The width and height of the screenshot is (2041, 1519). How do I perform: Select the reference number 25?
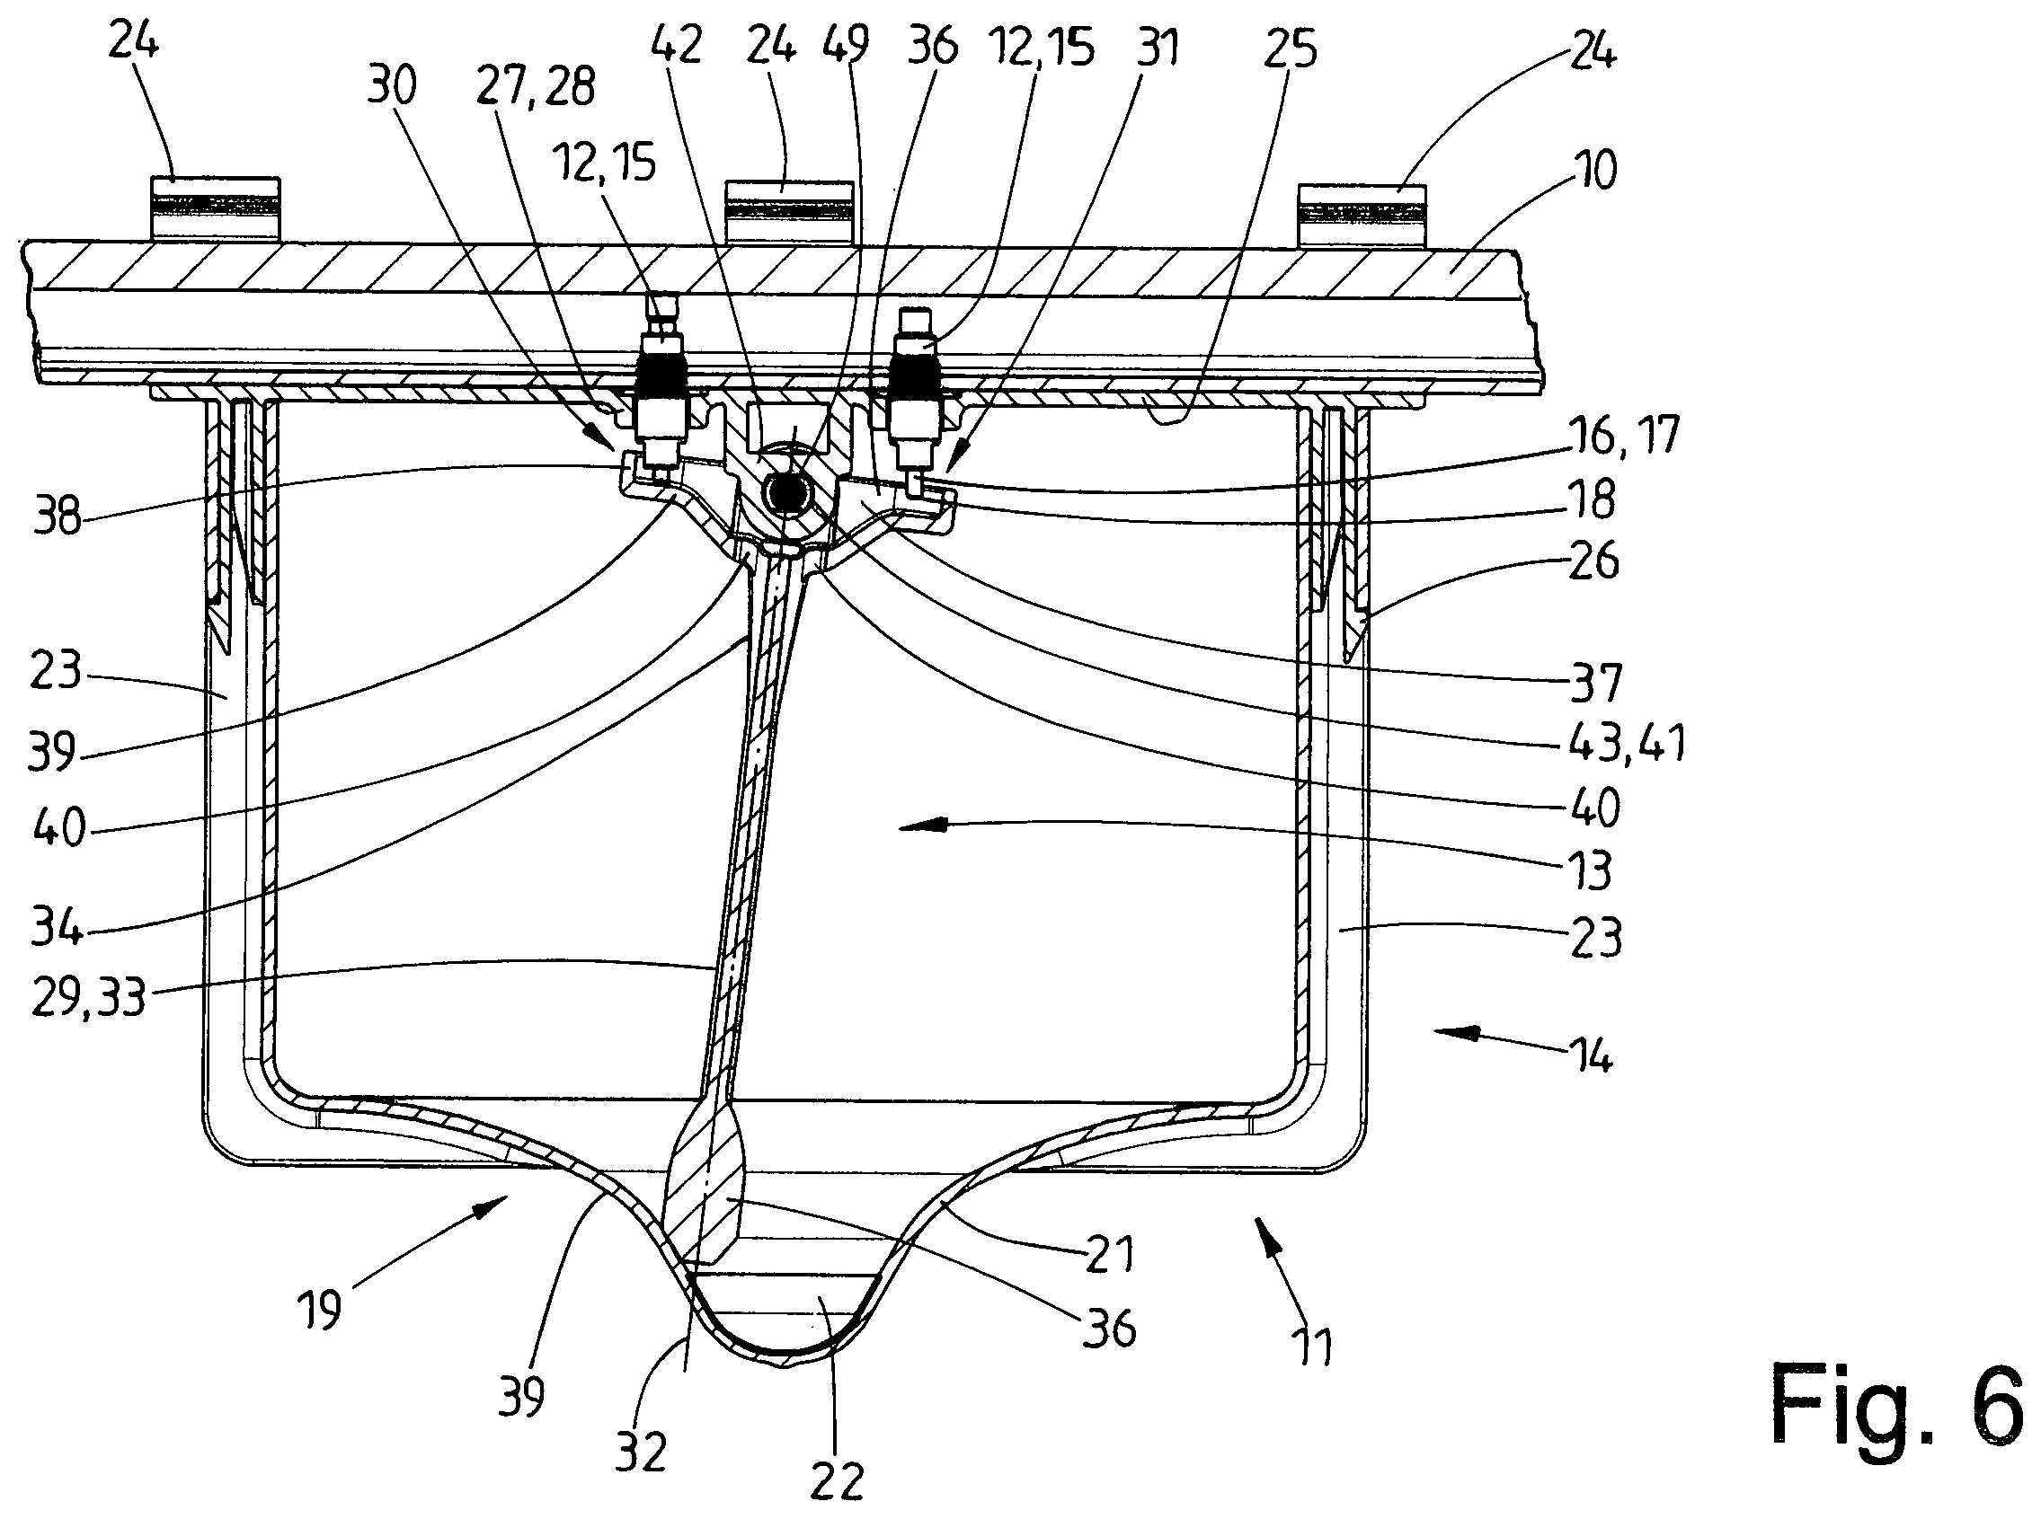pyautogui.click(x=1291, y=49)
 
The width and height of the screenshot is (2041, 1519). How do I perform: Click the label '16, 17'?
pyautogui.click(x=1622, y=434)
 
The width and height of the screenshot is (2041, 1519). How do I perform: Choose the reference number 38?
pyautogui.click(x=57, y=517)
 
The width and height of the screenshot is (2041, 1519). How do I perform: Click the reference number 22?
pyautogui.click(x=837, y=1480)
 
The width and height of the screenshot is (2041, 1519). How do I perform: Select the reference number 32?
pyautogui.click(x=640, y=1453)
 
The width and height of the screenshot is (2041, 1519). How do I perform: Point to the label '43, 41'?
pyautogui.click(x=1626, y=742)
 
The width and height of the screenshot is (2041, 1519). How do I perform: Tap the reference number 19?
pyautogui.click(x=319, y=1310)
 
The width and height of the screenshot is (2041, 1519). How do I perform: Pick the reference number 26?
pyautogui.click(x=1593, y=560)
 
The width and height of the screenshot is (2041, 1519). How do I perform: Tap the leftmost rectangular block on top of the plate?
pyautogui.click(x=215, y=208)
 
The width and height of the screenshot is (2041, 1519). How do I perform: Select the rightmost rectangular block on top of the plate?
pyautogui.click(x=1362, y=216)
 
